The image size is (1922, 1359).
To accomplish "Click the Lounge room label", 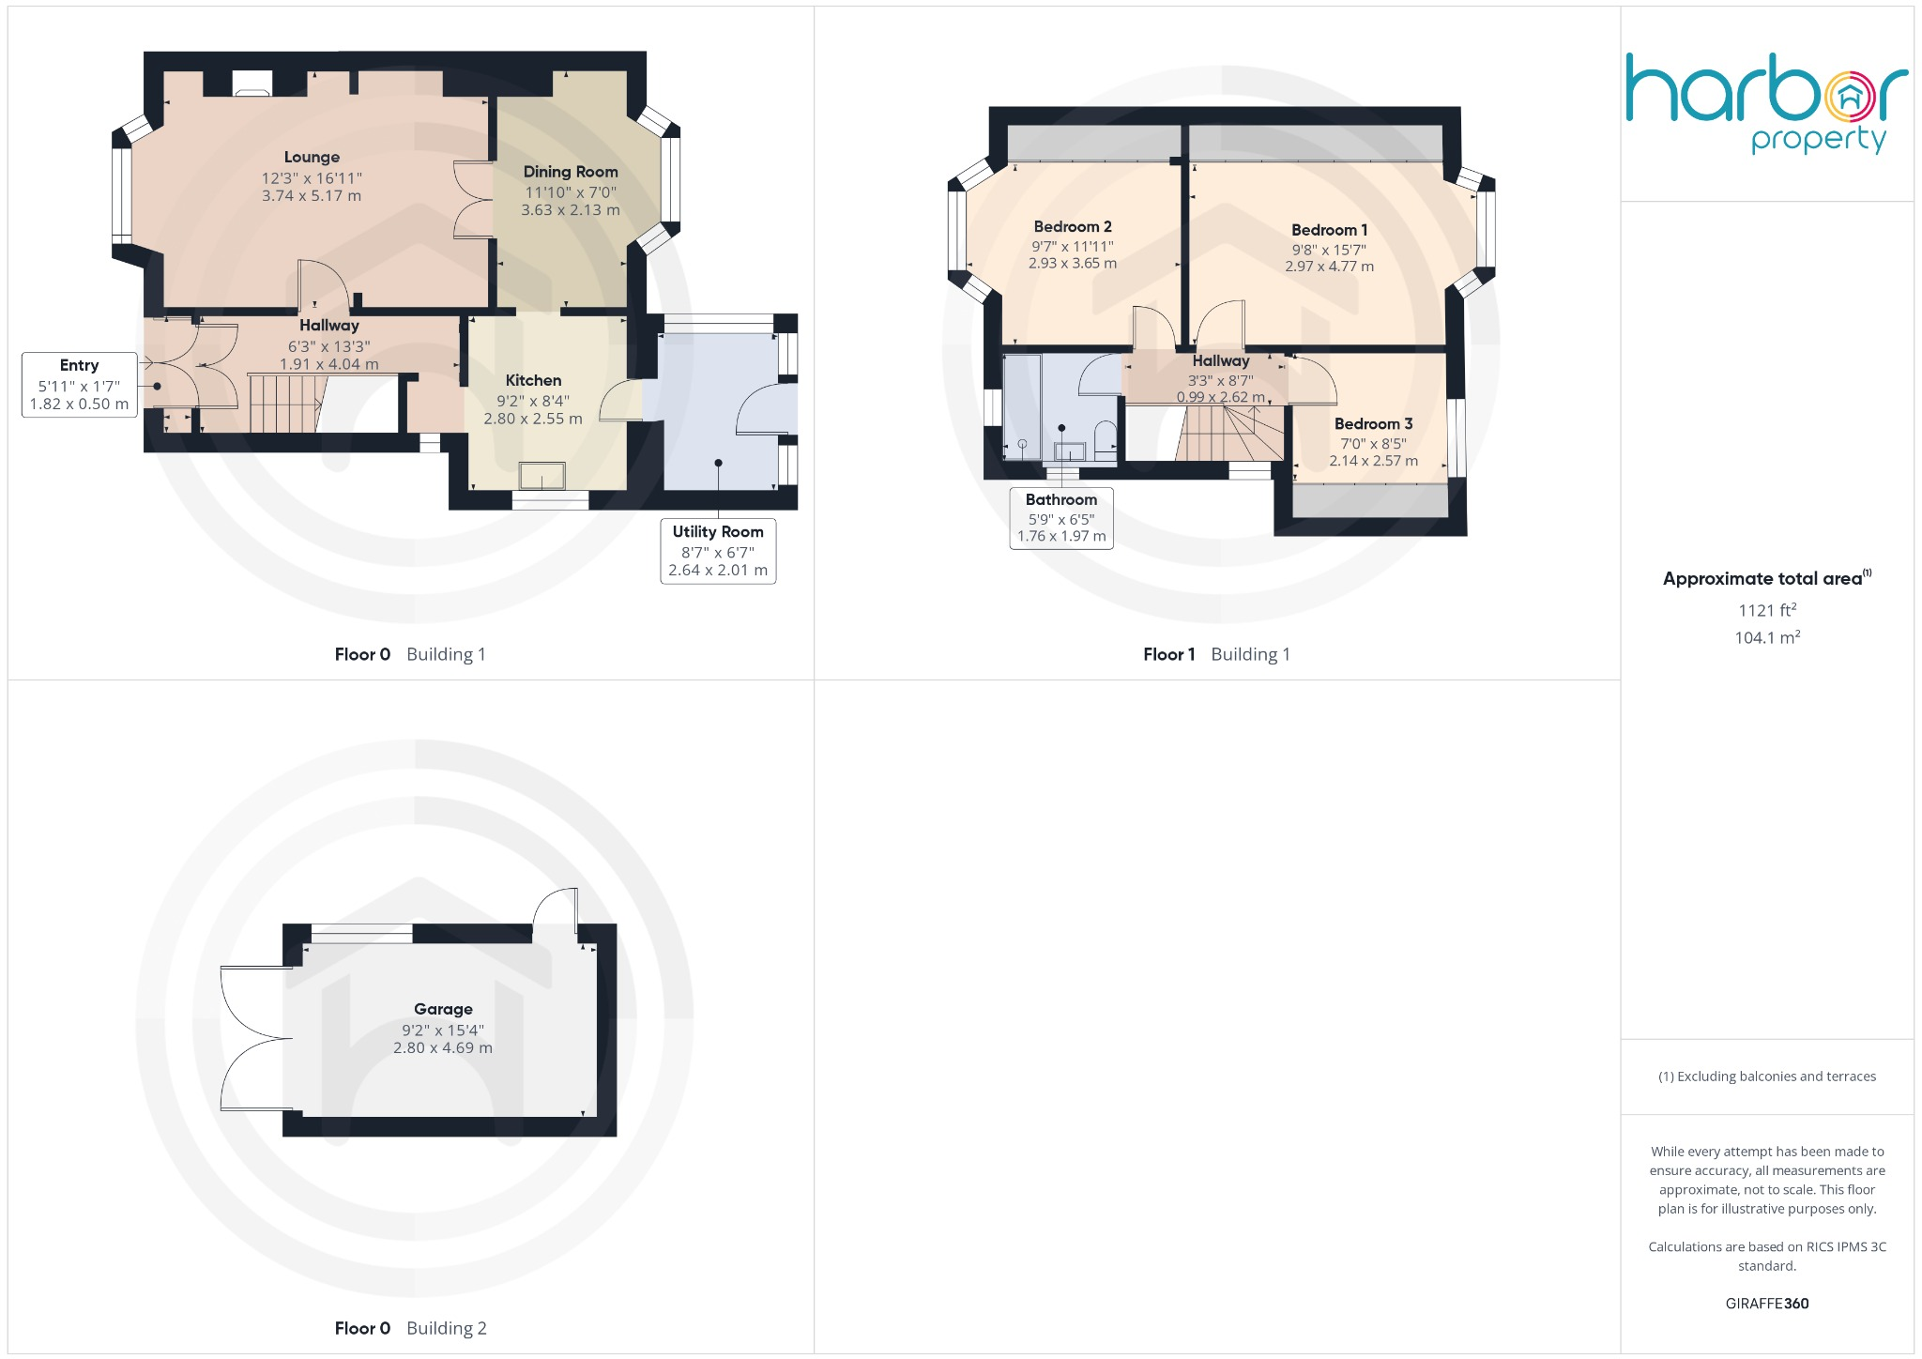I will (312, 158).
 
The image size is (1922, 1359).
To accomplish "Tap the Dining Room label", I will (571, 172).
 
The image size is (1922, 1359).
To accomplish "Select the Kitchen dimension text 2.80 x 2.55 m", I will (533, 419).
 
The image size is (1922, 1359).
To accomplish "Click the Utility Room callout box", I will (718, 551).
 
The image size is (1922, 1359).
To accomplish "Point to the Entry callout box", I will (79, 385).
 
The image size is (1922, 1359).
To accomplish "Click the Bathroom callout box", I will (1061, 518).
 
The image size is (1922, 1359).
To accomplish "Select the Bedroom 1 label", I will (1329, 230).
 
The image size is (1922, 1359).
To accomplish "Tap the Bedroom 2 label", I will (1073, 227).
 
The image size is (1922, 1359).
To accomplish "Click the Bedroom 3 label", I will (1373, 424).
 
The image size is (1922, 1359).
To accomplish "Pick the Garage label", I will (443, 1010).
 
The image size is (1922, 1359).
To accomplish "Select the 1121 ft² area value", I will (1767, 610).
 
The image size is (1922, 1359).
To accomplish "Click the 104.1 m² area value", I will (1767, 638).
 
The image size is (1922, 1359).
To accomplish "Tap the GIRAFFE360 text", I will (1767, 1304).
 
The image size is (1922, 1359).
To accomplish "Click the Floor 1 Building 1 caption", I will (1216, 655).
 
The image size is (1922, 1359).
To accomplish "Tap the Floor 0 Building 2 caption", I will (410, 1329).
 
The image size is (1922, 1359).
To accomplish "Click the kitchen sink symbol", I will (542, 476).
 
